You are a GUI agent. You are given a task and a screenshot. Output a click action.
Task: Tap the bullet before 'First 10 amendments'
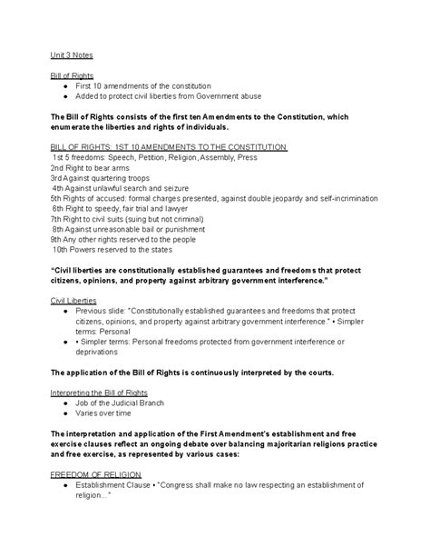(x=68, y=85)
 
